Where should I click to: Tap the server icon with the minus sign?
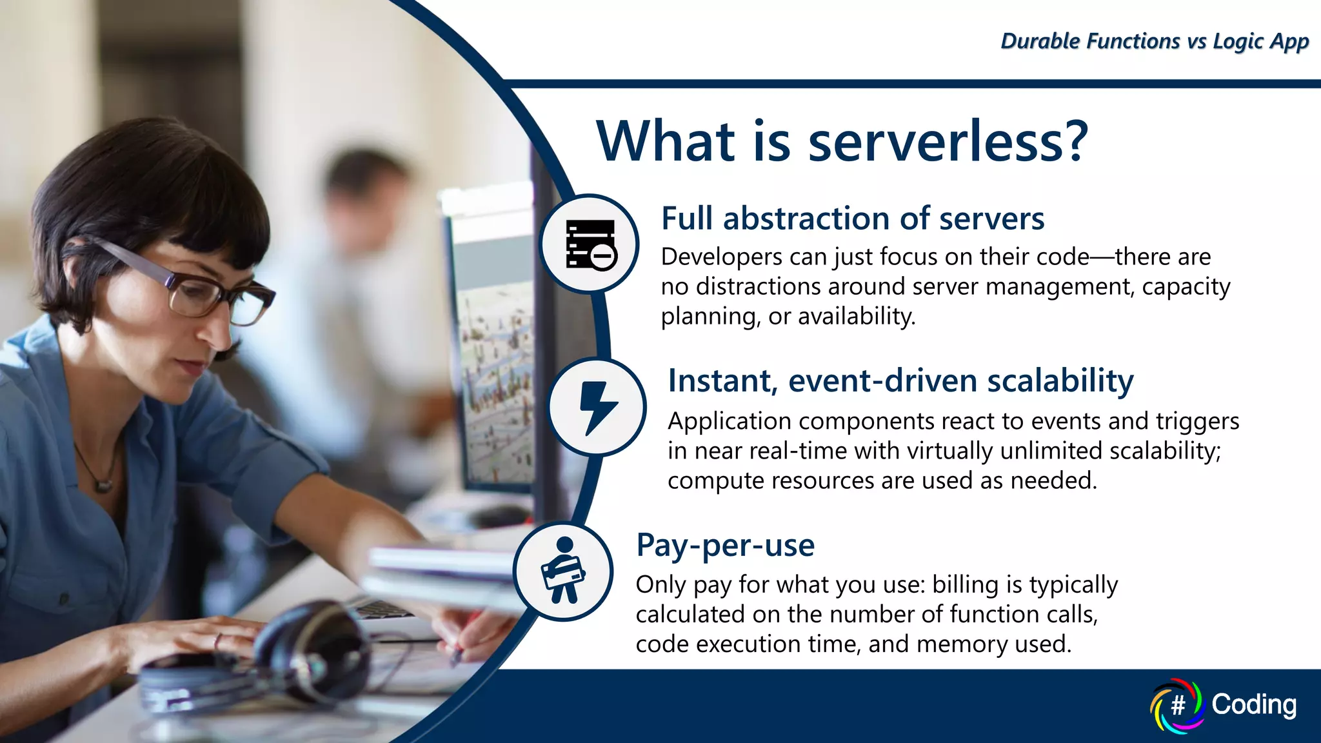590,244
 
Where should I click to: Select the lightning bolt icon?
597,407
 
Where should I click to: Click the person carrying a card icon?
563,571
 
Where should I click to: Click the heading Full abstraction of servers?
852,219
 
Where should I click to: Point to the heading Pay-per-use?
725,545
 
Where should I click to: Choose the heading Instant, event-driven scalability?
900,381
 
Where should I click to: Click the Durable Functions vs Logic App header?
1154,41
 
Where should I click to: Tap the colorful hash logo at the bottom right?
1177,705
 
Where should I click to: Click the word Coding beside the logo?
1253,704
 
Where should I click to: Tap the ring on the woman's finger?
218,640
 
